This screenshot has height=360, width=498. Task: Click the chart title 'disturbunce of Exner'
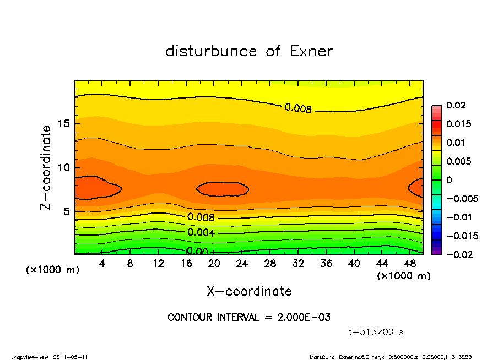tap(249, 51)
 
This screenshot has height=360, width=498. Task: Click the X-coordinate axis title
tap(249, 291)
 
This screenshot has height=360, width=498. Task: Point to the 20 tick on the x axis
tap(214, 264)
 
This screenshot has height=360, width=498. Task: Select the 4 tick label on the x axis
tap(102, 264)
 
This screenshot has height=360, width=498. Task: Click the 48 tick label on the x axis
tap(410, 264)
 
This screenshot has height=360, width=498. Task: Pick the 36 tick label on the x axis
tap(326, 264)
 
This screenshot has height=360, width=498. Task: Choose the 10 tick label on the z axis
tap(64, 168)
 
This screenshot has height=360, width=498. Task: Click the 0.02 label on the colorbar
tap(456, 105)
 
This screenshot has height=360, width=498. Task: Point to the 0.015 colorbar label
tap(458, 124)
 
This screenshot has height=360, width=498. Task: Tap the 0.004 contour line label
tap(201, 232)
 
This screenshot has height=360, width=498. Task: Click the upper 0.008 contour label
tap(298, 108)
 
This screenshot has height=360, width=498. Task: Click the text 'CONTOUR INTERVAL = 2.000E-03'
tap(249, 318)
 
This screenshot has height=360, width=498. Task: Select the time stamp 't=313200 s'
tap(376, 332)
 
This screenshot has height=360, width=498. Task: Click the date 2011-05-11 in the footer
tap(71, 357)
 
